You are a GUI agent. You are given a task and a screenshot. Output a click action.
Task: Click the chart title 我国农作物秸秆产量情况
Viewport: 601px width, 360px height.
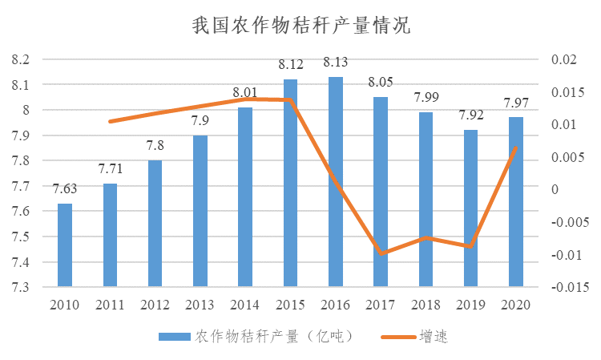click(x=300, y=26)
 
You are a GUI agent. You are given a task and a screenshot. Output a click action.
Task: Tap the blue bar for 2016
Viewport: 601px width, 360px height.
click(x=336, y=181)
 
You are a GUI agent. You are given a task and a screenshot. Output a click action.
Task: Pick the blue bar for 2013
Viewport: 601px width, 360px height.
click(x=200, y=210)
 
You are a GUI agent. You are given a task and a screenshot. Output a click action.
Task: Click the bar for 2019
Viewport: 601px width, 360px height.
click(x=471, y=208)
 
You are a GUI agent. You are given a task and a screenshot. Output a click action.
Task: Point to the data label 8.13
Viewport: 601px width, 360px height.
click(x=336, y=63)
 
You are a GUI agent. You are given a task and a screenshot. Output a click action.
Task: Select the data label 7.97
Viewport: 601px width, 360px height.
click(x=516, y=103)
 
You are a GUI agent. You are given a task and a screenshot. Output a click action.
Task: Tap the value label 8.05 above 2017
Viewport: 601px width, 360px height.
click(x=381, y=83)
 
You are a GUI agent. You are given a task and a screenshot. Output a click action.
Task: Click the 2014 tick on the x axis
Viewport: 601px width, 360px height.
click(x=245, y=305)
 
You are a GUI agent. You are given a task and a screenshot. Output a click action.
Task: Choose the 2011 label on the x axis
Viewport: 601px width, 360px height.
click(x=110, y=305)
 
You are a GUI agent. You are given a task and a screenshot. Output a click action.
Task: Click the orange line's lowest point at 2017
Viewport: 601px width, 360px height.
click(x=381, y=253)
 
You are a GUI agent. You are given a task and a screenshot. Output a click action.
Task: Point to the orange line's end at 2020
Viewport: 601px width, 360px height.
click(x=516, y=148)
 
